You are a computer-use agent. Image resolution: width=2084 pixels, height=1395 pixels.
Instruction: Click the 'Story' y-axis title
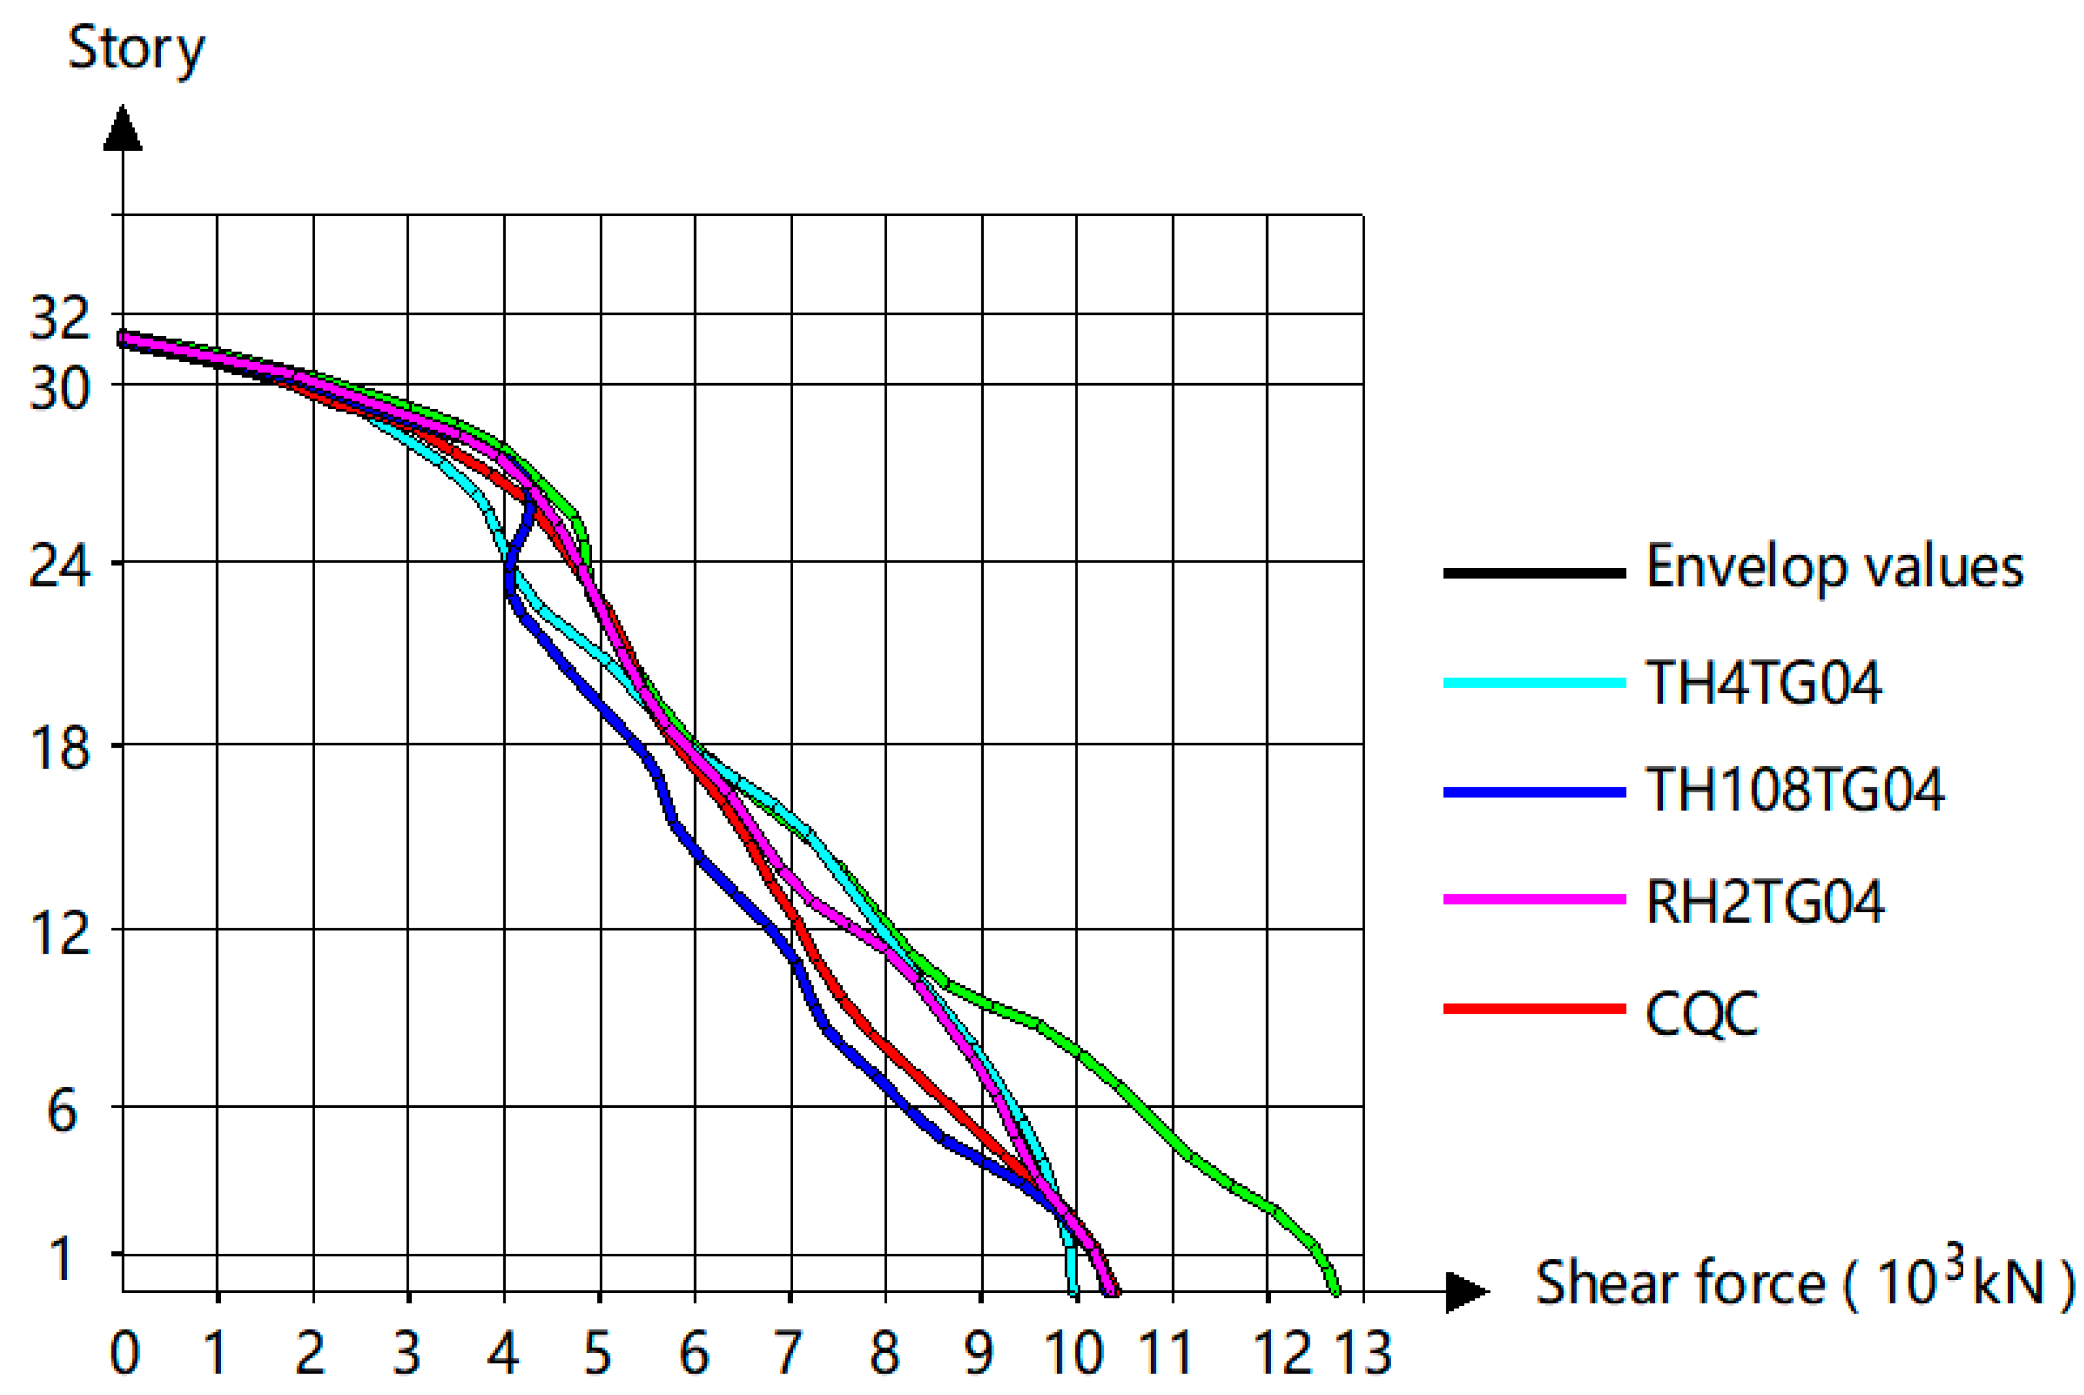136,49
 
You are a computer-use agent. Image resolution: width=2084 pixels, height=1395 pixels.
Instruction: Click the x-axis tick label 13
1364,1353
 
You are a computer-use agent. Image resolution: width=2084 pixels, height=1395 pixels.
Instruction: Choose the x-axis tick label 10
1074,1353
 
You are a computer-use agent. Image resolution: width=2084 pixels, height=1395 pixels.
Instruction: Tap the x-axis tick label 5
598,1353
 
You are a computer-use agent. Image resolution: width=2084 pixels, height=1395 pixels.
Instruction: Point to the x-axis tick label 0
124,1353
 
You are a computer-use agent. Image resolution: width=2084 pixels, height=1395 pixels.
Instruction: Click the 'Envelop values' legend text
1835,568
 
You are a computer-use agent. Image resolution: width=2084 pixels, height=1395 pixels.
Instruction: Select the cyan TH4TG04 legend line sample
1534,683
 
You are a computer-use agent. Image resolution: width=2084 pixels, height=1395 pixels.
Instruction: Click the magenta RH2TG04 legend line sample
1534,899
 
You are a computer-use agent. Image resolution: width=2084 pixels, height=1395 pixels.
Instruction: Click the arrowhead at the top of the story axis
123,129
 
